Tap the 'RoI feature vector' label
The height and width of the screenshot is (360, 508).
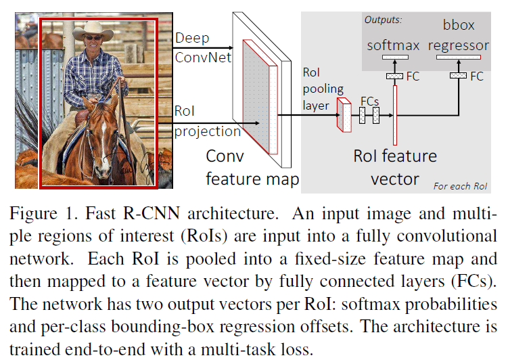[x=396, y=167]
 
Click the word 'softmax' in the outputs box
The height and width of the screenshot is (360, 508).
[x=394, y=45]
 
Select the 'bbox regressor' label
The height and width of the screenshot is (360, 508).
[x=463, y=37]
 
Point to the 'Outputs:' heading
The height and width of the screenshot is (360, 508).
[x=383, y=20]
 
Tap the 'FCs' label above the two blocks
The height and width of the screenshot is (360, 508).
[x=370, y=99]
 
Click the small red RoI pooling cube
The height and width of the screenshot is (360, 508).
[x=344, y=114]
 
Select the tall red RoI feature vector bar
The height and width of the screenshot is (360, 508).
[x=394, y=115]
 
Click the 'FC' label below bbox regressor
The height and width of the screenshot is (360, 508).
[x=477, y=76]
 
